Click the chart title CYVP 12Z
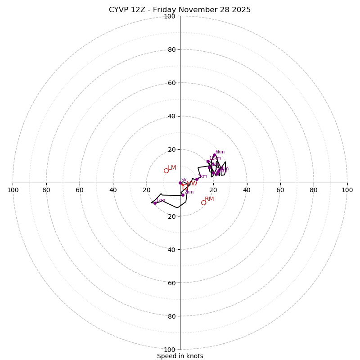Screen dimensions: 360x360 180,10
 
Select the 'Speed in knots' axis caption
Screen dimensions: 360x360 180,356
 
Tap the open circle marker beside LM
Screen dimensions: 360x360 166,171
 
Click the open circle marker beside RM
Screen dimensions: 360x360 203,203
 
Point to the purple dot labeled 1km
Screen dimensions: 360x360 155,203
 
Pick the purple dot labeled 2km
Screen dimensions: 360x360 183,195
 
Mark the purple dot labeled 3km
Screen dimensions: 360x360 197,179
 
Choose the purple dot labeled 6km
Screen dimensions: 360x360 214,155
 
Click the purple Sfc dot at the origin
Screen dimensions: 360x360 180,183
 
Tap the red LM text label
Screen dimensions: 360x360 172,168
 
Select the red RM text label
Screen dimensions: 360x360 209,199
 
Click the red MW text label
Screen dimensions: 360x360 192,184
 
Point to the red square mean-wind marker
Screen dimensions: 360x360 184,184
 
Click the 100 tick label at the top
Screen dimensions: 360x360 169,16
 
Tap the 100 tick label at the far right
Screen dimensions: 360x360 347,190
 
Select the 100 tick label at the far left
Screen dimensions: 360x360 13,190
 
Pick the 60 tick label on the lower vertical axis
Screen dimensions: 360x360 171,283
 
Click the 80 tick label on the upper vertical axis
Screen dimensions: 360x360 171,49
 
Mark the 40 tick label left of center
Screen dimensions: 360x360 113,190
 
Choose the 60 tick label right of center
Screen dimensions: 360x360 280,190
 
